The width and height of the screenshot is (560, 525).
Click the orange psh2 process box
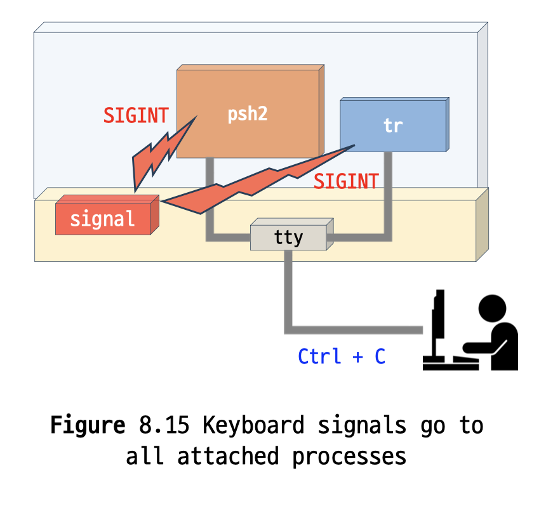[x=248, y=114]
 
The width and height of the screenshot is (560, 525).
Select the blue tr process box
[x=393, y=125]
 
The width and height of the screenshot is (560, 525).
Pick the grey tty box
[x=289, y=237]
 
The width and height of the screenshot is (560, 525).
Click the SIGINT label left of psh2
[x=136, y=116]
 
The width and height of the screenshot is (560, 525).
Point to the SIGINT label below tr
[x=346, y=181]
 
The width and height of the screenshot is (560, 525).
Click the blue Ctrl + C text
[x=342, y=356]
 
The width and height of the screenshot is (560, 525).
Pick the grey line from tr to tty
[x=387, y=203]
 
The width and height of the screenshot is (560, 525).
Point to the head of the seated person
[x=493, y=309]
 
